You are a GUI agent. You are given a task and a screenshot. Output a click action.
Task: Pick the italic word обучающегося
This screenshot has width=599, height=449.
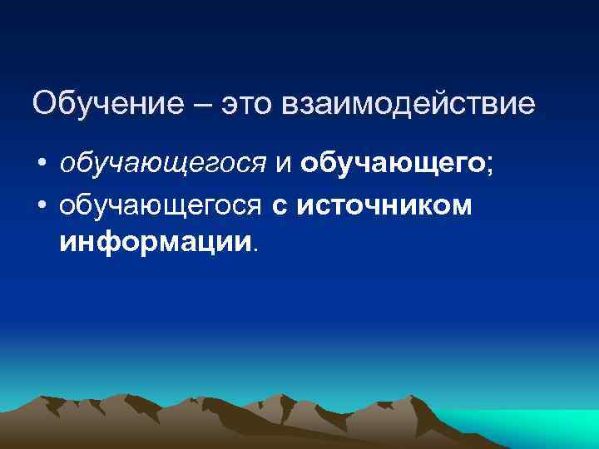click(162, 164)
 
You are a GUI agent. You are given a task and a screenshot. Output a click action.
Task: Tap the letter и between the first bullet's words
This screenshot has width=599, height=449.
click(283, 164)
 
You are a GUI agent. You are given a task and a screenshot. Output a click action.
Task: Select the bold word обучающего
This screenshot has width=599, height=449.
click(393, 164)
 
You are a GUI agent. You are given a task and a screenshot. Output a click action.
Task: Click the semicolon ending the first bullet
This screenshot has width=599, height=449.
click(490, 165)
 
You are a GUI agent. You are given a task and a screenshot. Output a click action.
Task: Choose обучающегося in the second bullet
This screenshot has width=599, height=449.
click(162, 204)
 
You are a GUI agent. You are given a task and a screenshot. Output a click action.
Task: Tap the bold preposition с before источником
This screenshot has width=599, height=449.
click(279, 205)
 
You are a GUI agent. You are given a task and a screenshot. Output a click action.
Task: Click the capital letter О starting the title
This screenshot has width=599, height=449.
click(44, 104)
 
